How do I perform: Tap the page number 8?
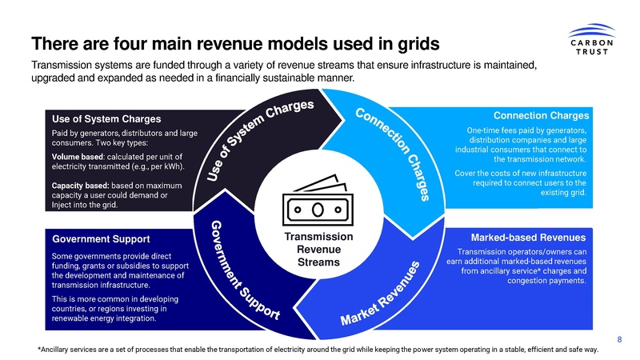pyautogui.click(x=620, y=339)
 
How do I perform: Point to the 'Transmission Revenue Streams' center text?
pyautogui.click(x=318, y=250)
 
